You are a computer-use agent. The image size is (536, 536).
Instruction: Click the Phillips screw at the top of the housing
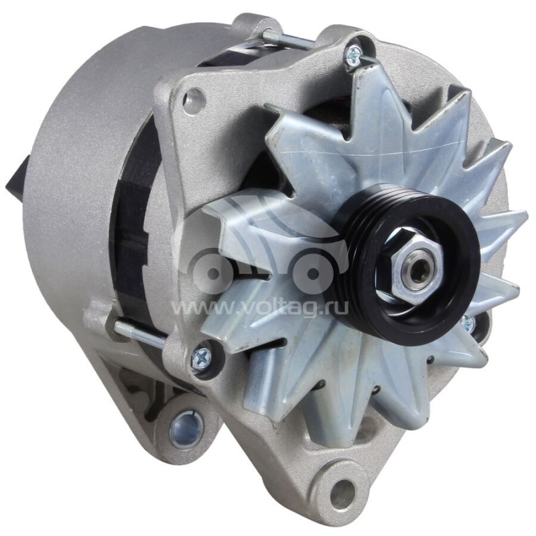click(x=353, y=55)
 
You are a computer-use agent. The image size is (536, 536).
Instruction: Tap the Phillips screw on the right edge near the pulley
click(x=468, y=324)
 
